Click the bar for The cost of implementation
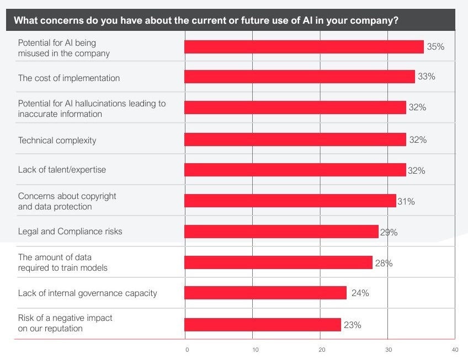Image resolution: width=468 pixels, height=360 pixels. (x=299, y=77)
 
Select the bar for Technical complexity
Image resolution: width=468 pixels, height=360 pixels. (x=295, y=139)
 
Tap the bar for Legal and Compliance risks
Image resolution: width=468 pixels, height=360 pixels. (x=281, y=232)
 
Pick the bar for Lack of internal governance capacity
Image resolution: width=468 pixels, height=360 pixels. (x=265, y=293)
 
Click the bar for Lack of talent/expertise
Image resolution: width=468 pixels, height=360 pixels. (x=295, y=170)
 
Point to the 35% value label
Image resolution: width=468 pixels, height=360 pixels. (x=435, y=47)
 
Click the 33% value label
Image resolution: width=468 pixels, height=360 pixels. (x=426, y=77)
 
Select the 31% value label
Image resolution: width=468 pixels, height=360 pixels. (x=406, y=202)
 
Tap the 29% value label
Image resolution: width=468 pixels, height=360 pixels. (x=389, y=233)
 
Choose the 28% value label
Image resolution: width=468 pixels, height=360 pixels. (x=384, y=264)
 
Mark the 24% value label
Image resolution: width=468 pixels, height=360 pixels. (x=360, y=293)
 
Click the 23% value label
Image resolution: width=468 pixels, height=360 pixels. (x=352, y=325)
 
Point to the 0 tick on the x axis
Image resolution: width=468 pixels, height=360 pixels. (x=187, y=350)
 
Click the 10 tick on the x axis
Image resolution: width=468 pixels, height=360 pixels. (x=255, y=350)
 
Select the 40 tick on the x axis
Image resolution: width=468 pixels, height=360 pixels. (x=455, y=350)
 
